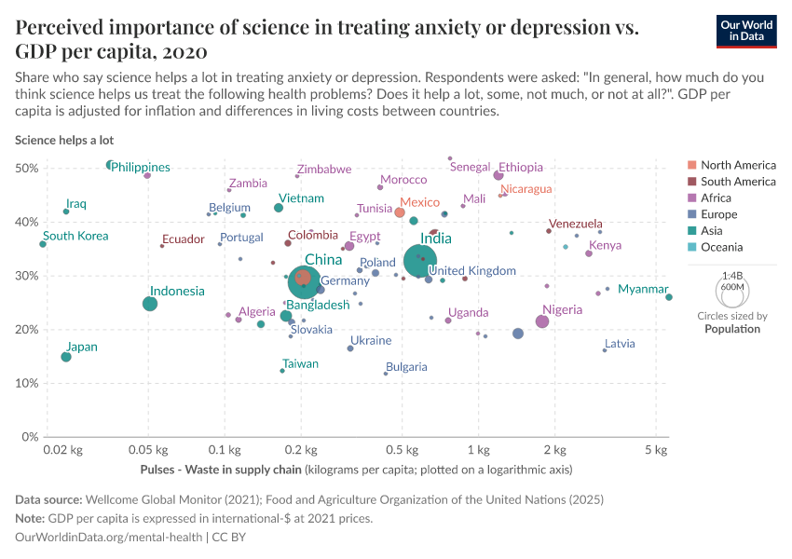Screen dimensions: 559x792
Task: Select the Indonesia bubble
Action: click(x=150, y=304)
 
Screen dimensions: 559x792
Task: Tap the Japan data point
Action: click(x=66, y=357)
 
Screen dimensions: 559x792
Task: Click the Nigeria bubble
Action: click(x=542, y=321)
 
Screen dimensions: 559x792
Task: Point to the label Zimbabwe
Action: click(x=324, y=170)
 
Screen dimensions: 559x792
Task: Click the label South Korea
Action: click(x=75, y=236)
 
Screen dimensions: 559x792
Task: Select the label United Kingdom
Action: click(x=471, y=271)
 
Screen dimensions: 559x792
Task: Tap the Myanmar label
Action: click(x=643, y=289)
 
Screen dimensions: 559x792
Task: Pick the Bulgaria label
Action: click(x=406, y=367)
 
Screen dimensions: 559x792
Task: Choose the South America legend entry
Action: click(x=738, y=182)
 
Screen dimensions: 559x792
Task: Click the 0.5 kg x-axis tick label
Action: click(x=403, y=451)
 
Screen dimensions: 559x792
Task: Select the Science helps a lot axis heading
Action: click(x=64, y=140)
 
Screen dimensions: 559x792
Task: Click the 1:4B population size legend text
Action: click(x=732, y=276)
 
